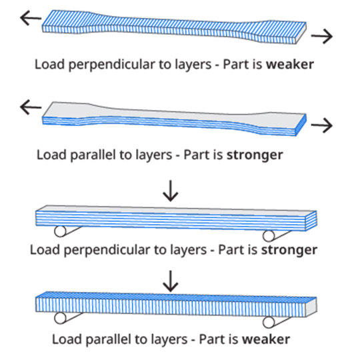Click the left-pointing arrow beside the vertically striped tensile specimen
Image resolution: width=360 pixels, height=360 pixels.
31,18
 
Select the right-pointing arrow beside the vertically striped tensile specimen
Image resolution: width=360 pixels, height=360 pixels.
322,36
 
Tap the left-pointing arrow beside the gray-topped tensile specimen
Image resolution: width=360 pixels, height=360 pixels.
31,107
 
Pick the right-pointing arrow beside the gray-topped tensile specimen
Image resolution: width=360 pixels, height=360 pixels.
322,125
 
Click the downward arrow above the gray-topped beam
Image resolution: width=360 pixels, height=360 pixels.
171,191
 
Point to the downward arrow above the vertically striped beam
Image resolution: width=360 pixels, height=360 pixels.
171,281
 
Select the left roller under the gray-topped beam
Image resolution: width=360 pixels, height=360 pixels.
60,231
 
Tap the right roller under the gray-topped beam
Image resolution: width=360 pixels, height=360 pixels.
269,236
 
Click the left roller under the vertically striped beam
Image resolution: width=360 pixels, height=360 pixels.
60,318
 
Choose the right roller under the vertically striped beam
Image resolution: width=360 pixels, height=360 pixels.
269,323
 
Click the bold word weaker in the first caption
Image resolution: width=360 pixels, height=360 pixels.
290,64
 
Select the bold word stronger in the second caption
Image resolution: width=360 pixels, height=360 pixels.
255,155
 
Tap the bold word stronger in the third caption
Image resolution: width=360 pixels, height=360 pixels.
289,250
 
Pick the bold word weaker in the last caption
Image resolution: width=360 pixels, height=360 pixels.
266,339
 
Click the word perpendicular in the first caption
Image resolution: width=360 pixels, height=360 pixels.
111,65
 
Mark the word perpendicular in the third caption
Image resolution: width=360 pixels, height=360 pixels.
107,251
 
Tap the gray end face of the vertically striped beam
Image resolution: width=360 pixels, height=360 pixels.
311,307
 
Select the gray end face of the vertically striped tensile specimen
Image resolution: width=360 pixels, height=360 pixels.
301,33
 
